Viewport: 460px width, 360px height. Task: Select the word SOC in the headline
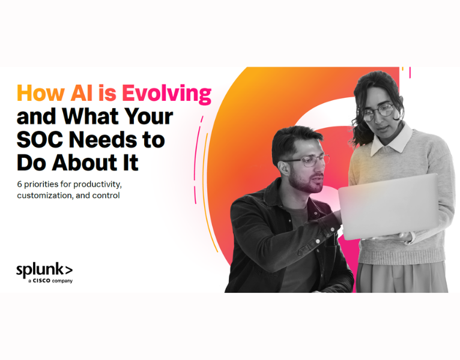39,139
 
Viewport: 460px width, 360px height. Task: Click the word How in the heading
41,93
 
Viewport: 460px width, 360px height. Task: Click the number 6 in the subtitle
19,184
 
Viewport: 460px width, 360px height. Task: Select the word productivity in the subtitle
94,184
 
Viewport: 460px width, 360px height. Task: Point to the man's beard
313,184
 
